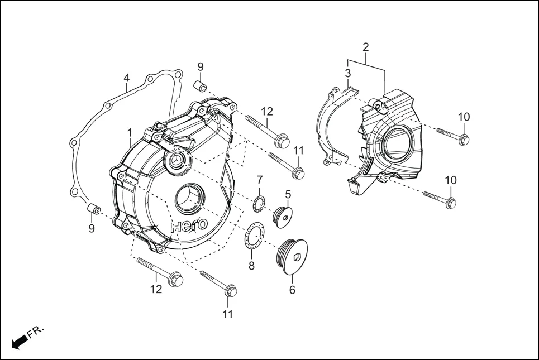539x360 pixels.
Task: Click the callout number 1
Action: click(x=129, y=133)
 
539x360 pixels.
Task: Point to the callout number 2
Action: click(x=366, y=47)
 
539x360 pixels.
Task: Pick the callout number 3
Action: click(x=347, y=73)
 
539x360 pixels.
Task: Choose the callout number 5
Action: click(x=288, y=194)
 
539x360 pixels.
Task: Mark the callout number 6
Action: click(x=292, y=290)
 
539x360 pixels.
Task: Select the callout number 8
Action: click(x=251, y=266)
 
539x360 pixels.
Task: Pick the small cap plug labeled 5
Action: click(x=283, y=216)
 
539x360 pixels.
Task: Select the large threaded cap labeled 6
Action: click(x=294, y=257)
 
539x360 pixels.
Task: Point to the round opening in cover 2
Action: click(x=397, y=142)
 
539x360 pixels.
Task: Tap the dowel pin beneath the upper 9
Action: click(x=201, y=86)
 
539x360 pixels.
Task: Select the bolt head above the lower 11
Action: click(x=230, y=291)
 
